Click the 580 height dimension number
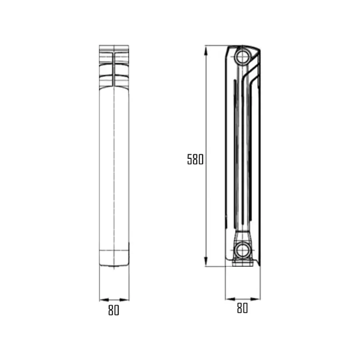[195, 160]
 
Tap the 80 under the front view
[114, 310]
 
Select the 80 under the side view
[242, 308]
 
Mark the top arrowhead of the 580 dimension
[205, 49]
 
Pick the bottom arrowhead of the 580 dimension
[205, 264]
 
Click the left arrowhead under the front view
[102, 299]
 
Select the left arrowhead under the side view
[227, 298]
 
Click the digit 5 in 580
[190, 160]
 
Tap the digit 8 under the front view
[110, 310]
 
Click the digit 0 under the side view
[245, 308]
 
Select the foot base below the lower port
[242, 263]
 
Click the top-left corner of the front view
[100, 46]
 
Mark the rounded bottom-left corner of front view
[101, 263]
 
